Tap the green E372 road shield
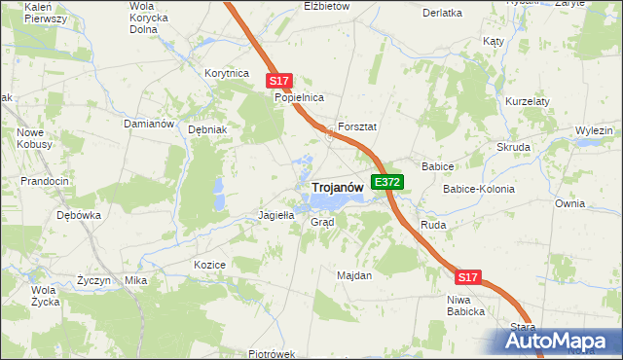point(386,182)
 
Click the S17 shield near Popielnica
point(278,81)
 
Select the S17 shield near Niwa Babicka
point(468,277)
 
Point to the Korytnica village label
point(227,73)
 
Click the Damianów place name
point(148,125)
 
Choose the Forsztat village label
point(357,127)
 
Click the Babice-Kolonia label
point(479,189)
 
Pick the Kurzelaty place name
point(529,101)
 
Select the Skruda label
point(514,147)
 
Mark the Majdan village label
point(354,275)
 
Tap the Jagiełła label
point(275,215)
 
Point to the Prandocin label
point(45,181)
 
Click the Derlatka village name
point(443,13)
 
